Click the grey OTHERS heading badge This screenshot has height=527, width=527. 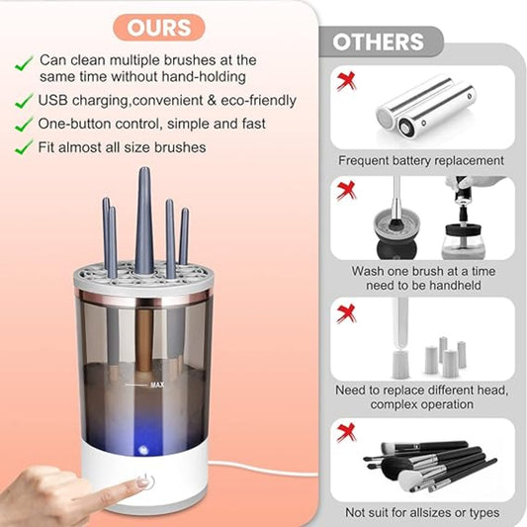click(x=378, y=42)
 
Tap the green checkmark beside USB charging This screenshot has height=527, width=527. click(x=23, y=101)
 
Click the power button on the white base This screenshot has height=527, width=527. click(x=147, y=482)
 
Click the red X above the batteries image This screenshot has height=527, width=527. click(x=345, y=80)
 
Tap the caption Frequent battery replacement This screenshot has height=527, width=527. click(x=421, y=160)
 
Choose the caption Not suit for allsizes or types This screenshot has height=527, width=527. click(x=421, y=512)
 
